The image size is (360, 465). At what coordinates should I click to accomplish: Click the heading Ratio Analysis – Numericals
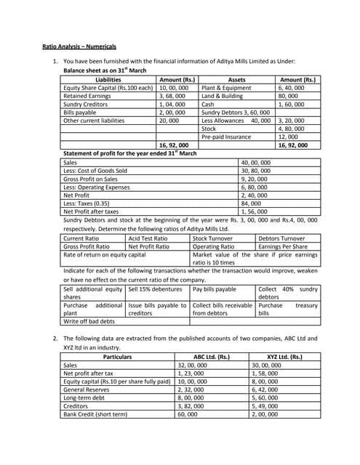click(x=79, y=46)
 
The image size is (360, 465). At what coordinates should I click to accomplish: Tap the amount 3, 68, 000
click(x=173, y=96)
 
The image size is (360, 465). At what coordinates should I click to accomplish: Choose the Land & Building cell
click(x=222, y=96)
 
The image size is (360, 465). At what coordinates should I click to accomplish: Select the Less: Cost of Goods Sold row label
click(x=95, y=171)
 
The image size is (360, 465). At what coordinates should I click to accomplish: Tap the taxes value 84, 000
click(x=255, y=203)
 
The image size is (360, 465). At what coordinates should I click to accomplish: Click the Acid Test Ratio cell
click(x=148, y=238)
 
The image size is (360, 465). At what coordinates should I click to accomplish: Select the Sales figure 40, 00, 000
click(x=255, y=163)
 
